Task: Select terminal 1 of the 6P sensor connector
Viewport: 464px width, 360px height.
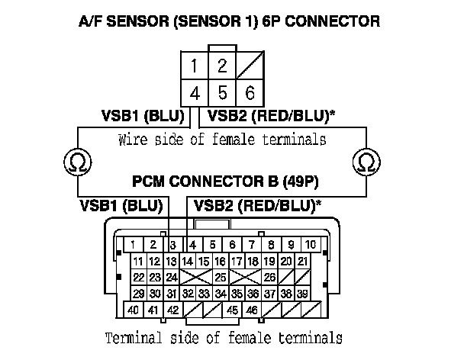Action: (195, 66)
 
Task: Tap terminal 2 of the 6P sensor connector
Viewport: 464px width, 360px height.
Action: (221, 66)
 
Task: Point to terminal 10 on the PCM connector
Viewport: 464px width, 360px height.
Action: (311, 245)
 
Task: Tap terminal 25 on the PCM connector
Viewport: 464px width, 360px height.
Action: (220, 277)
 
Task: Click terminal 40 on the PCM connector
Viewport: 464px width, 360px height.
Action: (134, 310)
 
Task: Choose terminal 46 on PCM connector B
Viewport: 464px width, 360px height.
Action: (251, 310)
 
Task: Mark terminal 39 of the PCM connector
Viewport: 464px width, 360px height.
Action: (302, 294)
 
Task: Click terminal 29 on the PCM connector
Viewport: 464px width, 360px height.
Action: (139, 294)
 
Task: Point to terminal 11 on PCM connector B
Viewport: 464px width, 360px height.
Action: (139, 261)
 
